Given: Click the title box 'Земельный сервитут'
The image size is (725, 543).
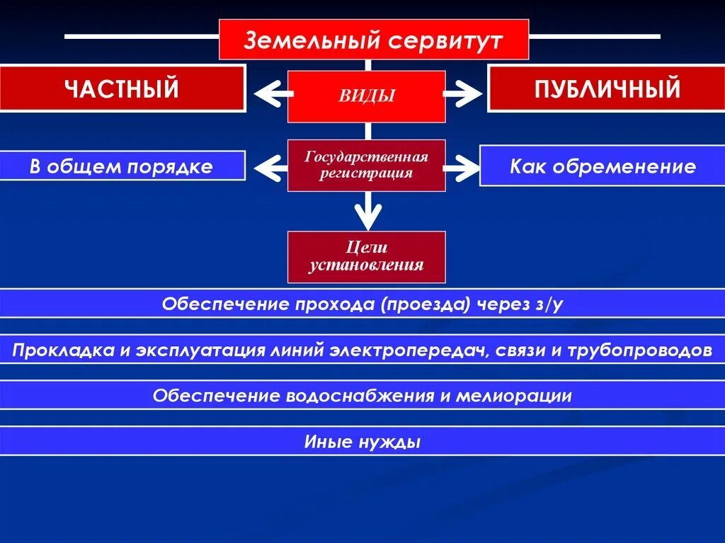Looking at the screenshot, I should coord(373,40).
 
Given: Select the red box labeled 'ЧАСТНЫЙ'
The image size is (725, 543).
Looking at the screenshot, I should coord(122,88).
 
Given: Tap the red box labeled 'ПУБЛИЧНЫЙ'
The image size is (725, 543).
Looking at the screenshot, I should coord(607,88).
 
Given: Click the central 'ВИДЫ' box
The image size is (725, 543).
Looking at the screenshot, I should coord(366,96).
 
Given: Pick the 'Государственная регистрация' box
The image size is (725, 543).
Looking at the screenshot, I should coord(366,165).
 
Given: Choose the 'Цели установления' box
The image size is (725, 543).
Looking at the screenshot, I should coord(366,257).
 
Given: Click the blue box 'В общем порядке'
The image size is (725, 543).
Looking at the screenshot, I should coord(121,166).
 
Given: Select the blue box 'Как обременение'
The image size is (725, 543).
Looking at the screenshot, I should coord(602,166).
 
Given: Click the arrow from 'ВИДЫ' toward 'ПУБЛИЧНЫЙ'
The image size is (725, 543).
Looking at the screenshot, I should coord(462,93).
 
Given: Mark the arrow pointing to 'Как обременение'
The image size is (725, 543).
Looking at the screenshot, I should coord(462,168).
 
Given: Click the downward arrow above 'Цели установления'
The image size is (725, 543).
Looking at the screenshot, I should coord(367,212).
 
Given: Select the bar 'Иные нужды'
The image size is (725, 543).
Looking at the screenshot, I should coord(362,442).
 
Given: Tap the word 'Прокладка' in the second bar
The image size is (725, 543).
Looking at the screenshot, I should coord(52,350).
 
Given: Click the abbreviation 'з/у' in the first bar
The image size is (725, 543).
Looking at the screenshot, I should coord(549,304).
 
